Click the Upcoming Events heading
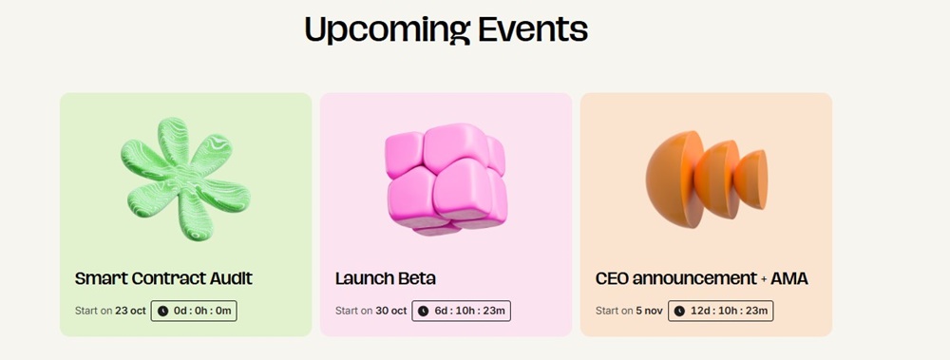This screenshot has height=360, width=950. [446, 29]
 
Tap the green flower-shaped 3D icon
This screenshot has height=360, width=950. [185, 179]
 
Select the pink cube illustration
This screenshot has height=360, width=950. [446, 180]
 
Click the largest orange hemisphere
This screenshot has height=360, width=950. [674, 180]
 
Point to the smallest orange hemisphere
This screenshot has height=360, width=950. [751, 180]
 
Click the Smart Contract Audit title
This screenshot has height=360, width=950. [163, 279]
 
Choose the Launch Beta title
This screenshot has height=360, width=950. [386, 279]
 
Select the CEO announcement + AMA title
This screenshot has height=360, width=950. [702, 279]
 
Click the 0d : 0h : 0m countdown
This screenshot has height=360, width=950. [194, 311]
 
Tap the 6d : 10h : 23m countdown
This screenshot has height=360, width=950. [461, 311]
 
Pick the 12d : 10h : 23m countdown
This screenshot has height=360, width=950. [720, 311]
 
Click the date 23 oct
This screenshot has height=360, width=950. [130, 311]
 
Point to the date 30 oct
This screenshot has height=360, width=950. [390, 311]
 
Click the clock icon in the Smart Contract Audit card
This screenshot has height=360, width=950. [163, 311]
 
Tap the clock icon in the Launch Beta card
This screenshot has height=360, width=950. [424, 311]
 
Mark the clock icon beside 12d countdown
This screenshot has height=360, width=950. [680, 311]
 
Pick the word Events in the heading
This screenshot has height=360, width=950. [533, 29]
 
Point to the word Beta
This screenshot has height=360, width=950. [417, 279]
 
